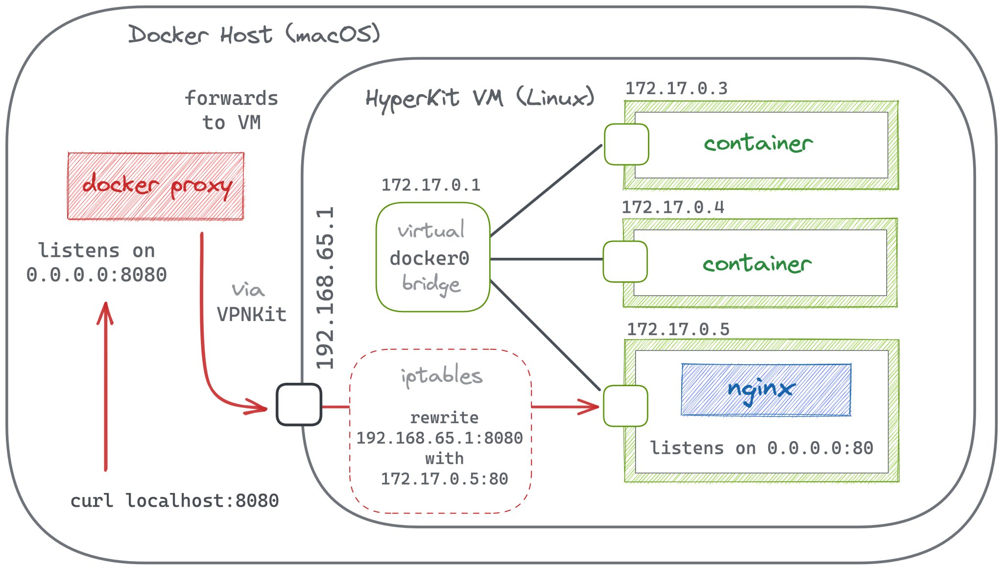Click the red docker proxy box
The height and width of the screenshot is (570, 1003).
pos(156,186)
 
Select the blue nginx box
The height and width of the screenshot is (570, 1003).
pos(766,390)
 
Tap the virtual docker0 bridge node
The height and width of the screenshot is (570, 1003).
pos(433,257)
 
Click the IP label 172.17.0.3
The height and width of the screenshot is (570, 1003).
pos(676,89)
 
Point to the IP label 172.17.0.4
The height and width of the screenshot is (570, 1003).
pos(672,207)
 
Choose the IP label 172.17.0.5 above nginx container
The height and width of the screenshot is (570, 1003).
pos(678,329)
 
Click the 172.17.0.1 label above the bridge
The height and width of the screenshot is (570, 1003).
pos(431,185)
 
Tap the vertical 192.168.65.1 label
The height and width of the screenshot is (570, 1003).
pos(325,288)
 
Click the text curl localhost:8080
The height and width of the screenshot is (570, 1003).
pos(174,501)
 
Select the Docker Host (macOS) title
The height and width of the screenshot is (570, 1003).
pos(254,35)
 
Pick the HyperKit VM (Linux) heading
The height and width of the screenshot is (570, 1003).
pos(479,98)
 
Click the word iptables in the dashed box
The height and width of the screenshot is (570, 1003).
pos(441,376)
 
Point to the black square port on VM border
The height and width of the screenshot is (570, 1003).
pos(299,405)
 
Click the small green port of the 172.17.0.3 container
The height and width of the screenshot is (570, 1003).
pos(626,144)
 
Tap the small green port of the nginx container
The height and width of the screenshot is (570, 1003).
pos(625,406)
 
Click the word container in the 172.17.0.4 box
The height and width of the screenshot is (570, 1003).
pos(757,264)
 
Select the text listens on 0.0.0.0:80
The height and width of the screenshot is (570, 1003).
pos(762,448)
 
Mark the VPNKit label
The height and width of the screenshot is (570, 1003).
pos(252,315)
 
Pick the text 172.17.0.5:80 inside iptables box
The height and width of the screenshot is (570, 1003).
pos(445,479)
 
